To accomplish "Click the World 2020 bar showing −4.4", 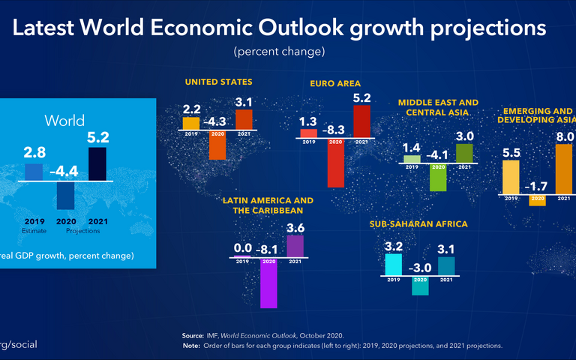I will coord(66,196).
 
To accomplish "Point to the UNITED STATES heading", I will coord(219,81).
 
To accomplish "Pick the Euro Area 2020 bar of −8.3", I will coord(334,163).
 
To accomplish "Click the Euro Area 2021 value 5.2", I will coord(361,97).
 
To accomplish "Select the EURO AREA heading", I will coord(336,83).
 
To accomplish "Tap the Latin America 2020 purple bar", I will coord(268,283).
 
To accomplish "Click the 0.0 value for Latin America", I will coord(242,247).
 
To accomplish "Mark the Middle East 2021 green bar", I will coord(464,153).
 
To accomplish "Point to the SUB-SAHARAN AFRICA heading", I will coord(418,224).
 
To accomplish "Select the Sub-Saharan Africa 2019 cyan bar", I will coord(393,265).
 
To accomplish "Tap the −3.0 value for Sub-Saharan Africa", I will coord(420,268).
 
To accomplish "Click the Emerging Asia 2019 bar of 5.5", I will coord(511,178).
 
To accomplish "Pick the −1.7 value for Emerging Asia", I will coord(537,184).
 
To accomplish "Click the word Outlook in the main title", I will coord(303,28).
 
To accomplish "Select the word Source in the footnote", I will coord(193,335).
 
